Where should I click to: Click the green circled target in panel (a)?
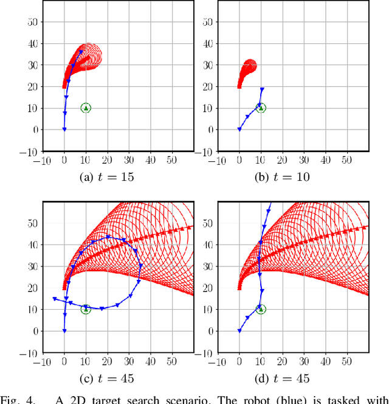click(x=86, y=108)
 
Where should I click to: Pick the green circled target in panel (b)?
click(x=261, y=108)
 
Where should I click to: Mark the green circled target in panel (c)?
click(x=86, y=309)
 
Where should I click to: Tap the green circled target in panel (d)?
click(x=261, y=309)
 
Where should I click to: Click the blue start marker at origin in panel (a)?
click(x=64, y=129)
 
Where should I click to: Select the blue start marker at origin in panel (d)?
click(x=239, y=330)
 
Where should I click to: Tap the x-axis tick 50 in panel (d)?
click(x=346, y=361)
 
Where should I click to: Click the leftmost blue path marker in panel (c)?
click(x=55, y=299)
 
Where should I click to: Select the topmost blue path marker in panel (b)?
click(x=262, y=89)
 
